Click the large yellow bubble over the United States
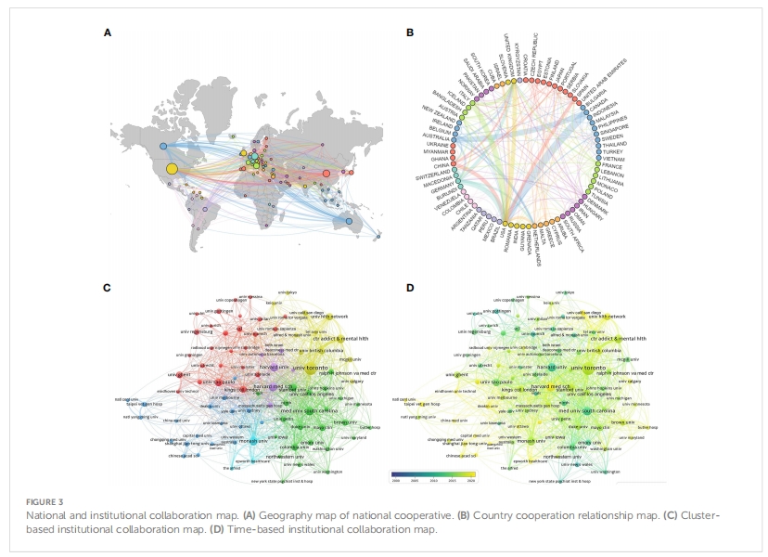point(171,169)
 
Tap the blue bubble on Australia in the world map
point(349,220)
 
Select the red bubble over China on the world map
point(326,172)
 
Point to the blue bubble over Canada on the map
point(163,146)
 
